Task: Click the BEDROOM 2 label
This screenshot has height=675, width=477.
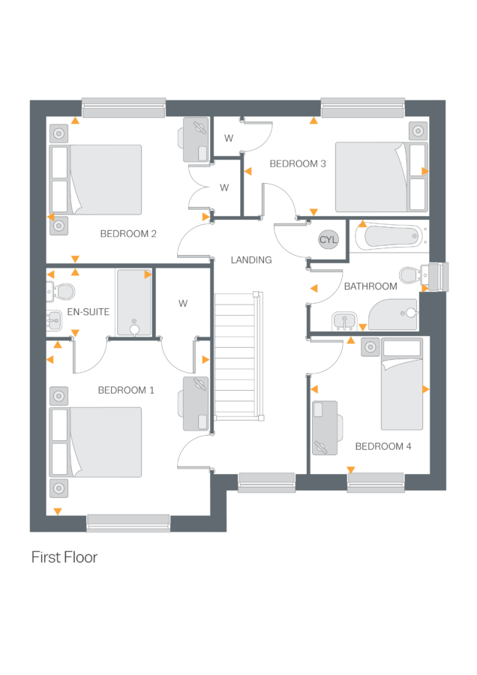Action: tap(128, 234)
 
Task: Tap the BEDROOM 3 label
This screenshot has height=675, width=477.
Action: tap(298, 163)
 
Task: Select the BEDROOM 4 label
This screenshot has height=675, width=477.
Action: tap(383, 446)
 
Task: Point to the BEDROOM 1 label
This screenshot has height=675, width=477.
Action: tap(126, 390)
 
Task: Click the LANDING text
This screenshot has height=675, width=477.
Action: tap(251, 259)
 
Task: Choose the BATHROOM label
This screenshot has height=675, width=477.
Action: tap(370, 286)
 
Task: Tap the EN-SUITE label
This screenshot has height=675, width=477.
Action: tap(88, 310)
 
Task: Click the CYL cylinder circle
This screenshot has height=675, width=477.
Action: tap(328, 239)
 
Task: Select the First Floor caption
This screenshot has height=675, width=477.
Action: tap(64, 558)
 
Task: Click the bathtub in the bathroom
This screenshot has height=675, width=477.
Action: tap(387, 237)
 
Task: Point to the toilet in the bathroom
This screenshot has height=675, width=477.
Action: tap(410, 275)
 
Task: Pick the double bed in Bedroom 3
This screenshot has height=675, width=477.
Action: tap(380, 176)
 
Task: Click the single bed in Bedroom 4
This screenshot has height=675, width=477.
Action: tap(401, 384)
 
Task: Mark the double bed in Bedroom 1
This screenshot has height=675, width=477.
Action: tap(95, 442)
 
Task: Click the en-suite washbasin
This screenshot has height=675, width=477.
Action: tap(55, 320)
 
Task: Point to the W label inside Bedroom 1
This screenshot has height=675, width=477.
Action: tap(182, 304)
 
